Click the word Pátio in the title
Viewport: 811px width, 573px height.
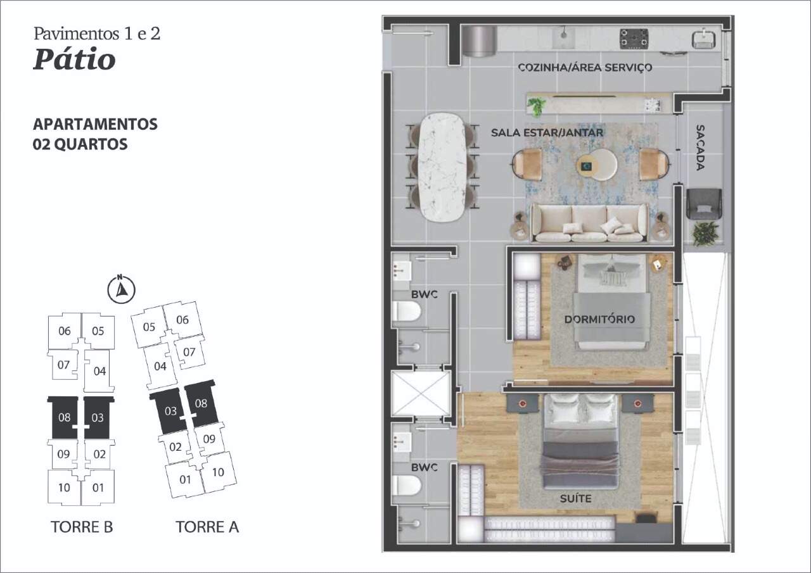coord(75,60)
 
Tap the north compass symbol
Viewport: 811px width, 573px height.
coord(122,289)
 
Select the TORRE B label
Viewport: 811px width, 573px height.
coord(82,527)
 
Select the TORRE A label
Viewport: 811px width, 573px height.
coord(207,527)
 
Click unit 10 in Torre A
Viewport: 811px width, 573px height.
coord(218,472)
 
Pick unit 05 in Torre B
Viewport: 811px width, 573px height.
coord(98,331)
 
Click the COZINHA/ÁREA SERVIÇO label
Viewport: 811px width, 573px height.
coord(585,67)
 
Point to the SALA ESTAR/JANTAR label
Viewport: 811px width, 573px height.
coord(547,132)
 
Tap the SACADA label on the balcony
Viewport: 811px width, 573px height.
coord(700,148)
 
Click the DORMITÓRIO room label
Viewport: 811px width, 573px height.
coord(599,319)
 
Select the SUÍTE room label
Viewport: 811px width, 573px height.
coord(576,498)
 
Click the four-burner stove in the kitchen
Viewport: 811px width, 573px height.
coord(634,39)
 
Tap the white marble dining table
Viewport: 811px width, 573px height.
coord(442,167)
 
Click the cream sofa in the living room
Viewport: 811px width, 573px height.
coord(589,222)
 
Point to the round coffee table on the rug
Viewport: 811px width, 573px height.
coord(596,165)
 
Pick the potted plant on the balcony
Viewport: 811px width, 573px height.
coord(705,234)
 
